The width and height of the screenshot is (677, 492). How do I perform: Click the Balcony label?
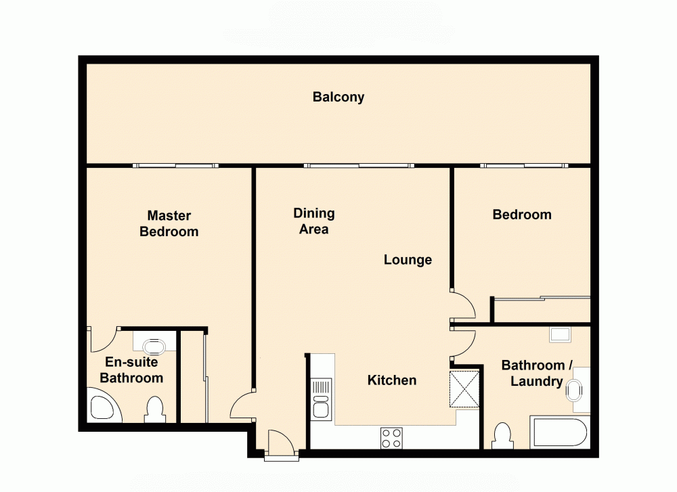pos(338,97)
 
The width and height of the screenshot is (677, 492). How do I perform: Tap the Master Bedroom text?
pos(169,223)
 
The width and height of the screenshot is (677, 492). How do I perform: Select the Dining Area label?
pos(314,221)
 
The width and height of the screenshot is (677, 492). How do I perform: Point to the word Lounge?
pos(408,260)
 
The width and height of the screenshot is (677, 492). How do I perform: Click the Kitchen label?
pos(391,380)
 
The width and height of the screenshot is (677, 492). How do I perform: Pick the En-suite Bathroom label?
pos(131,370)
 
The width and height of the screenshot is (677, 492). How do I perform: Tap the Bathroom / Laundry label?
pos(537,374)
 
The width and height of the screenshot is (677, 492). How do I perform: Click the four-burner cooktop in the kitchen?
pos(390,438)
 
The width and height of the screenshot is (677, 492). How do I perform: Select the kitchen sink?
pos(321,399)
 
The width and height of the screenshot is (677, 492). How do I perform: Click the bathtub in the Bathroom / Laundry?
pos(560,434)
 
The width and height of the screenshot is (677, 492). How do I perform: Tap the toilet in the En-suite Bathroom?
pos(154,409)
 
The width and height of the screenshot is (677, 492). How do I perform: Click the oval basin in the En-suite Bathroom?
pos(155,348)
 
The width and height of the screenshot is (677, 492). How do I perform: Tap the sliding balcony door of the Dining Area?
pos(359,165)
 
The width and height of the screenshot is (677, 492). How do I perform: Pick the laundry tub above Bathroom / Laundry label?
pos(560,334)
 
